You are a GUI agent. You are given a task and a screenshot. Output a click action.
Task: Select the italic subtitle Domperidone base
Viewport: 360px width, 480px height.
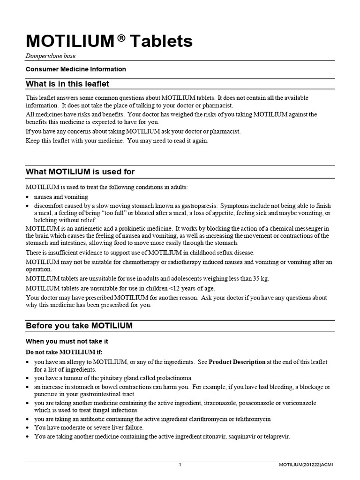pos(51,56)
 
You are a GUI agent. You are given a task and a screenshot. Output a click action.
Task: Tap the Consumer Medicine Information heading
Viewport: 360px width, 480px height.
pos(76,69)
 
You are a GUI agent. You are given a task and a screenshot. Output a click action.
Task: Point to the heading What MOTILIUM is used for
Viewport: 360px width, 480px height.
pos(80,172)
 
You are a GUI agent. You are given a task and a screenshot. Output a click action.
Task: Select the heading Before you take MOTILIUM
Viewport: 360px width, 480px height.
pos(79,325)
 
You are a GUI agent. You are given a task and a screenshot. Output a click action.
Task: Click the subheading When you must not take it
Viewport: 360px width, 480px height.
pos(67,342)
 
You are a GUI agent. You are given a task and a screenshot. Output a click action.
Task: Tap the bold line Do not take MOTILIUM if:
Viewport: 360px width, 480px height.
pos(63,352)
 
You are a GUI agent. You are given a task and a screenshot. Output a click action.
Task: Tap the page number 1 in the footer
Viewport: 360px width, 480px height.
pos(180,465)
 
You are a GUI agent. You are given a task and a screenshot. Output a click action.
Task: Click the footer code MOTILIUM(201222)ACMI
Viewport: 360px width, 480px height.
pos(307,465)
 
